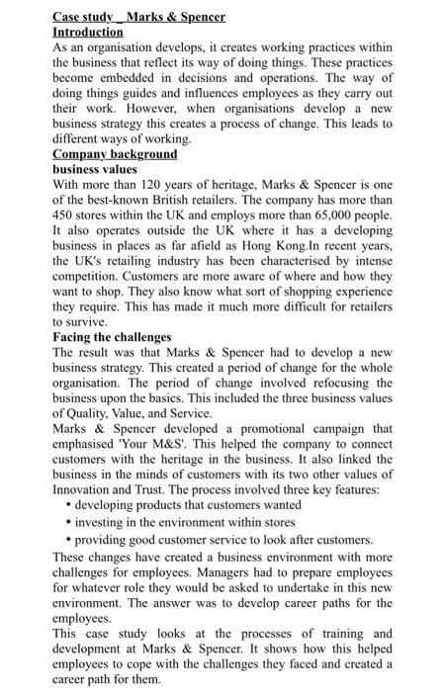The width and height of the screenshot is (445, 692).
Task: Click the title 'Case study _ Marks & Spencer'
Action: point(138,17)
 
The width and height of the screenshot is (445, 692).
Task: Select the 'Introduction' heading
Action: point(90,32)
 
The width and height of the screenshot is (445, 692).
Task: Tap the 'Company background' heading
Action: point(115,154)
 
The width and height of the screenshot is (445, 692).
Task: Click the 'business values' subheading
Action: point(95,169)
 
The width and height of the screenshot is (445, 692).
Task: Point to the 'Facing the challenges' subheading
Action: point(112,337)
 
